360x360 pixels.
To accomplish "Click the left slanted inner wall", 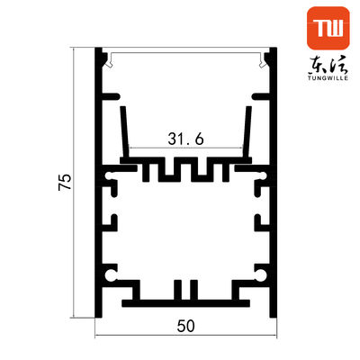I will [x=124, y=126].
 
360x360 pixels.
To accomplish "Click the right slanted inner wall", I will [x=246, y=126].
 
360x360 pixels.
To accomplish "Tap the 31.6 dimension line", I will [x=185, y=148].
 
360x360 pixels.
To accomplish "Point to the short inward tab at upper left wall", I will [x=112, y=93].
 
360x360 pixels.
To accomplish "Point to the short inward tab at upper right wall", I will [x=259, y=93].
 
